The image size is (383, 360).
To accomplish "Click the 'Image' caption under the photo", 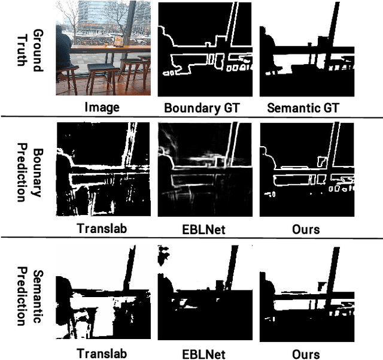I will point(103,108).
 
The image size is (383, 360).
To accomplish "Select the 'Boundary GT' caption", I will point(205,108).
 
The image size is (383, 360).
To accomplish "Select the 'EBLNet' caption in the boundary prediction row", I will point(205,228).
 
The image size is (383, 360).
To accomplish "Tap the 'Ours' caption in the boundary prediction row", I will point(306,228).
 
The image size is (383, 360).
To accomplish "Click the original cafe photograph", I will point(103,48).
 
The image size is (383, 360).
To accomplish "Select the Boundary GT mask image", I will point(205,48).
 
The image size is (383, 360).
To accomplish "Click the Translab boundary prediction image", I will point(103,170).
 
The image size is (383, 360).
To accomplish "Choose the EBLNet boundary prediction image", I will point(205,170).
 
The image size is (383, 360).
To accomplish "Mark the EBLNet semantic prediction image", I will point(205,292).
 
